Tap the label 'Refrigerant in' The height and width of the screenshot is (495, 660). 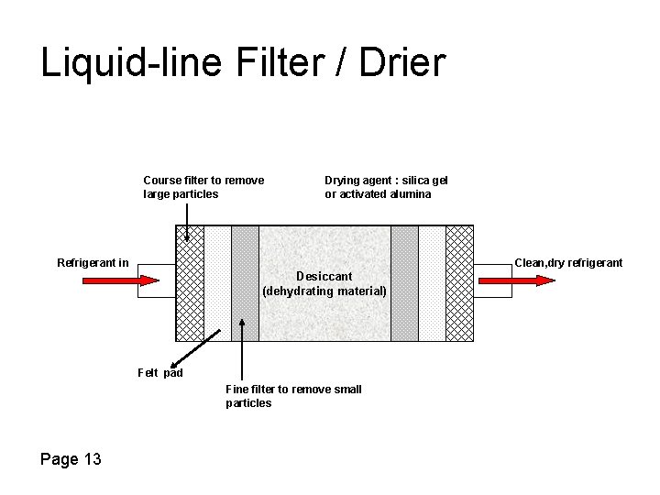point(93,263)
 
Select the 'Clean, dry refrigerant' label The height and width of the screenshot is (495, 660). point(567,263)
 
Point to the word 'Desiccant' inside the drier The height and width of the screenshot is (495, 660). point(324,276)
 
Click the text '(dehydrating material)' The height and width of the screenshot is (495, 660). point(324,291)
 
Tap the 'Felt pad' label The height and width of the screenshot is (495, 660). point(159,373)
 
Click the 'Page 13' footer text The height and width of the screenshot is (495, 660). point(71,458)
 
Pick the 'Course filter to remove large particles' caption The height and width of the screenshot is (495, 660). point(203,187)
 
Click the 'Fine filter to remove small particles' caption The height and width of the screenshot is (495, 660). point(293,396)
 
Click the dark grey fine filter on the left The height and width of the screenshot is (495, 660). point(245,275)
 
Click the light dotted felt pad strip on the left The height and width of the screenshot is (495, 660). point(217,275)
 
